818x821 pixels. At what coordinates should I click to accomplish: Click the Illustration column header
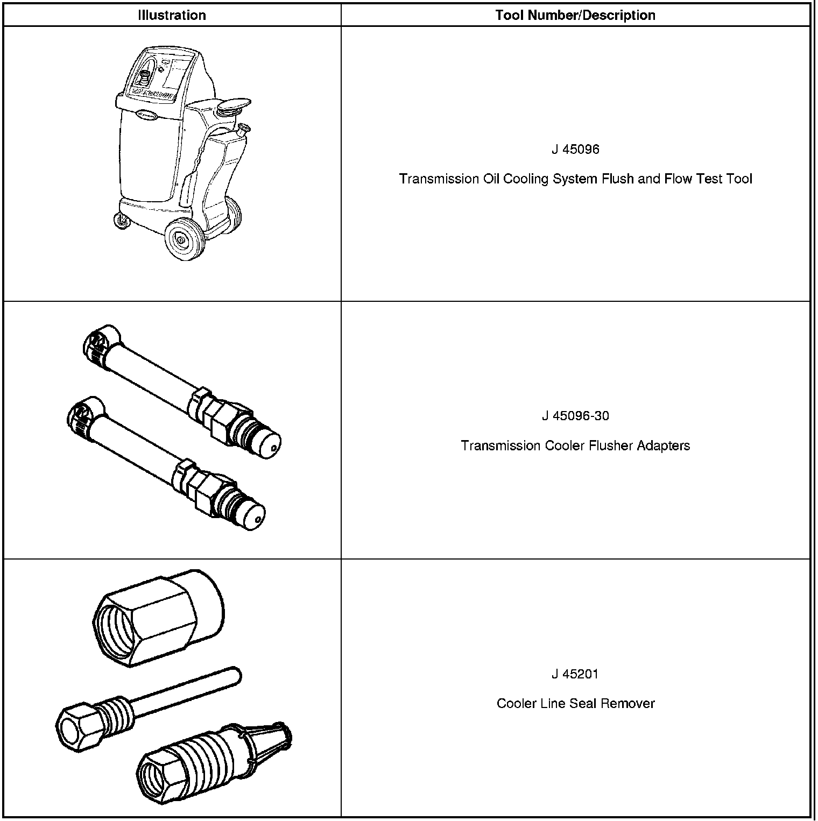click(x=172, y=15)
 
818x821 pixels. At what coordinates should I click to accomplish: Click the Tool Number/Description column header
click(x=575, y=15)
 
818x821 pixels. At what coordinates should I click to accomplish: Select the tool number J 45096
click(x=575, y=150)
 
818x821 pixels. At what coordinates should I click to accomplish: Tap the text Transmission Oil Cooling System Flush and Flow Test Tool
click(x=575, y=179)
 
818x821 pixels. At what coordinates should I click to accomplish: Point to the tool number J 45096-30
click(x=575, y=416)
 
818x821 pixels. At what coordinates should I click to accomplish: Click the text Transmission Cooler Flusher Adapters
click(x=575, y=445)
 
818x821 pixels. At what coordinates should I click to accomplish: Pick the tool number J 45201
click(x=575, y=674)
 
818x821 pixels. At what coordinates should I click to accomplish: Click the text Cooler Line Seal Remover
click(x=575, y=703)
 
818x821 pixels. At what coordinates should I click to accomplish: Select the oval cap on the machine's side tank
click(x=235, y=106)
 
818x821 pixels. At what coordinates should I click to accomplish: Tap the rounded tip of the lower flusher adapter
click(x=252, y=516)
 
